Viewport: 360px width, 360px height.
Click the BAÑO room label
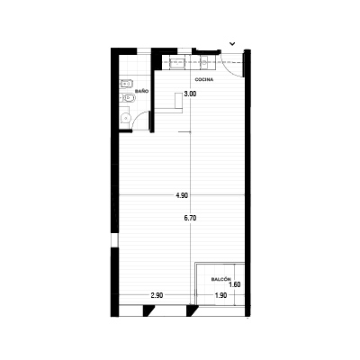[x=142, y=91]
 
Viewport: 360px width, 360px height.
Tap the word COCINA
[x=204, y=79]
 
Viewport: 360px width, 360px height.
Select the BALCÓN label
[x=221, y=279]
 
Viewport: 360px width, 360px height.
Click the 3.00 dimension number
[x=190, y=94]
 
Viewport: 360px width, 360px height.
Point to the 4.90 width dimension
[x=182, y=195]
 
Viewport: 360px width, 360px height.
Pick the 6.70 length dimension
[x=190, y=219]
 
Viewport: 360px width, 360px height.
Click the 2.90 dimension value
[x=157, y=295]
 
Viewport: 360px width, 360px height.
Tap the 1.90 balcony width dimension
[x=220, y=295]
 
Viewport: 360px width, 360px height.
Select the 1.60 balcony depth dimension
[x=235, y=284]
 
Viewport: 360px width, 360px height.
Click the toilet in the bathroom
[x=128, y=98]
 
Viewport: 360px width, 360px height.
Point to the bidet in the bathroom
[x=126, y=85]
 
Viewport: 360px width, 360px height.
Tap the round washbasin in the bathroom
[x=125, y=118]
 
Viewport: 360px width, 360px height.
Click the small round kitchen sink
[x=204, y=63]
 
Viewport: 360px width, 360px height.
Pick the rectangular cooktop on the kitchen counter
[x=177, y=64]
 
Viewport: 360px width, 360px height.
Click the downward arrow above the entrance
[x=232, y=44]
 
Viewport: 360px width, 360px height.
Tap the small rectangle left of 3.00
[x=179, y=101]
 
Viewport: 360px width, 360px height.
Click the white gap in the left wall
[x=114, y=239]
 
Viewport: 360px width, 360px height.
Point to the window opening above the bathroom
[x=144, y=51]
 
